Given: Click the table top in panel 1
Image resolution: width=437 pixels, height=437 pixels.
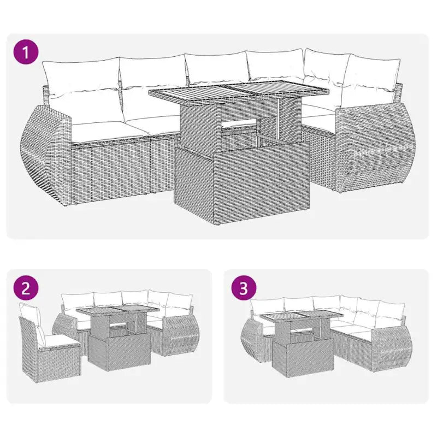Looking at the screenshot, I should point(239,93).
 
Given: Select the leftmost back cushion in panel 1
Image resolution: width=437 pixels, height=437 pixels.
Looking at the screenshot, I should point(80,76).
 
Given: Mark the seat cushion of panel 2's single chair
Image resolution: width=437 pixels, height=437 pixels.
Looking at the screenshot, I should point(61,340).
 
